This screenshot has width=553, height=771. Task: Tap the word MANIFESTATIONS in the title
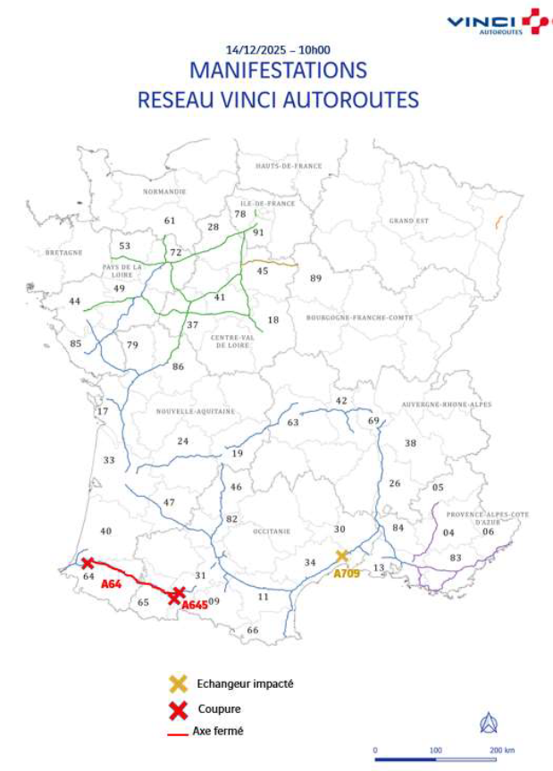[278, 71]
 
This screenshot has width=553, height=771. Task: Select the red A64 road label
[111, 583]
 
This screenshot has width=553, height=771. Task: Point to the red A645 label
[195, 606]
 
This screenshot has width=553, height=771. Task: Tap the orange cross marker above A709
[341, 556]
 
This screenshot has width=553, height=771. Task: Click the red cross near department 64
[88, 563]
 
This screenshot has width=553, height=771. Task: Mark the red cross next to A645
[178, 593]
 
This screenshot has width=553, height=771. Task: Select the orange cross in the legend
[179, 684]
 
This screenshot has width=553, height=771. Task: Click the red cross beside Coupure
[179, 709]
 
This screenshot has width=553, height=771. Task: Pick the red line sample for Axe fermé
[178, 732]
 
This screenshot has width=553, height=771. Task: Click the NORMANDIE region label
[164, 191]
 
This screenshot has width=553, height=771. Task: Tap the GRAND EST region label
[409, 220]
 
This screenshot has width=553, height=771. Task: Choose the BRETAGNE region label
[64, 253]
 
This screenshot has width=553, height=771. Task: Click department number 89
[315, 279]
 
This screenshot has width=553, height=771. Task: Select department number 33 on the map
[109, 460]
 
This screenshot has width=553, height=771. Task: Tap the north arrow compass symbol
[489, 723]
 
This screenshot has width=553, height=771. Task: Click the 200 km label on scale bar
[500, 750]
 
